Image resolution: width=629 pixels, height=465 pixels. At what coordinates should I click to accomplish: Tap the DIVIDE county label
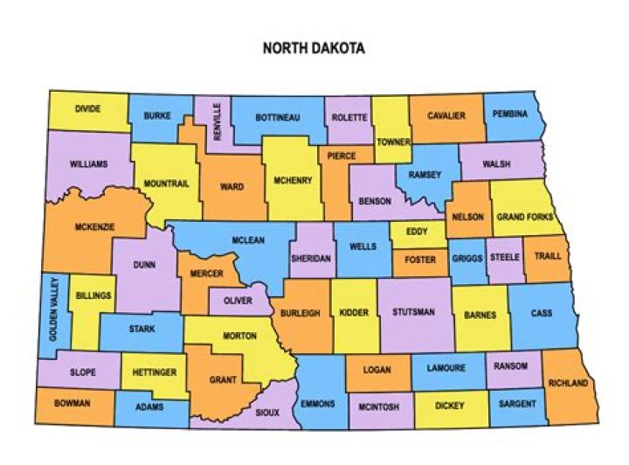click(87, 109)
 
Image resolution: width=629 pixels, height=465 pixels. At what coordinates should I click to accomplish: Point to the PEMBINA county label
click(509, 114)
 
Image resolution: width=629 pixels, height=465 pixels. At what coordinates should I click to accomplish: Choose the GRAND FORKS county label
click(524, 217)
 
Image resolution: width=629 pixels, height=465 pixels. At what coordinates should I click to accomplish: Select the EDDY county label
click(418, 232)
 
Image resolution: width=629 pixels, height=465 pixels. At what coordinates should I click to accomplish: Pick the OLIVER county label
click(237, 301)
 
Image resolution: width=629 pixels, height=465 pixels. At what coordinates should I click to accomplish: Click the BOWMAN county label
click(72, 404)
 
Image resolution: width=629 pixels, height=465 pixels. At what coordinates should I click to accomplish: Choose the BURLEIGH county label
click(301, 312)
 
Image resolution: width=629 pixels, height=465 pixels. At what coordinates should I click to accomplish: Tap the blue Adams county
click(150, 407)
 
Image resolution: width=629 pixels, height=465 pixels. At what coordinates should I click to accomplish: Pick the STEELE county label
click(505, 257)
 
